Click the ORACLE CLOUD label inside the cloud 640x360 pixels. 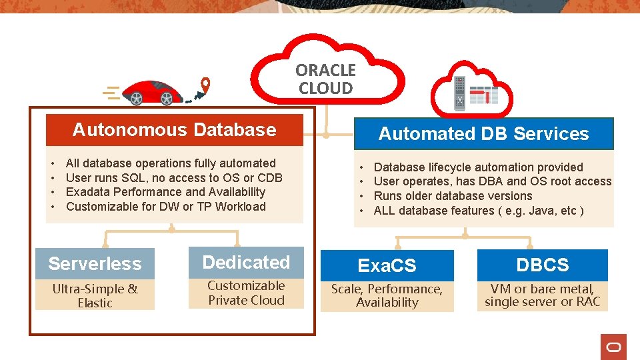point(325,79)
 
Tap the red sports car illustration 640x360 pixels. point(153,93)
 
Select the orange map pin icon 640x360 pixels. point(206,85)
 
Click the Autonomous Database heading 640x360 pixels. point(174,129)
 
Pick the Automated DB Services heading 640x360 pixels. point(483,133)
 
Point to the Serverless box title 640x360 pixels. point(95,263)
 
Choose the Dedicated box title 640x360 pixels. point(246,262)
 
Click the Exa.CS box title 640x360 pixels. point(387,265)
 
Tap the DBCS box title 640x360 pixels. point(543,265)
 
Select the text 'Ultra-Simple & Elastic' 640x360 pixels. point(95,295)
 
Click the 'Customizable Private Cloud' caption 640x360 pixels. point(246,293)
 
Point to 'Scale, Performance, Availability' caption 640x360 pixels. point(387,295)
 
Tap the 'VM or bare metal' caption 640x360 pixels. point(543,295)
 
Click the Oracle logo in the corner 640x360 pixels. point(613,347)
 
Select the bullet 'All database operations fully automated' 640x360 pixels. point(171,163)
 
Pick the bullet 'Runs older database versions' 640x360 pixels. point(453,196)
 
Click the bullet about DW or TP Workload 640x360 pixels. point(165,207)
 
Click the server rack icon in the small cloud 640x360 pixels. point(459,92)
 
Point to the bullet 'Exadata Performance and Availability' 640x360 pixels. point(165,192)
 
